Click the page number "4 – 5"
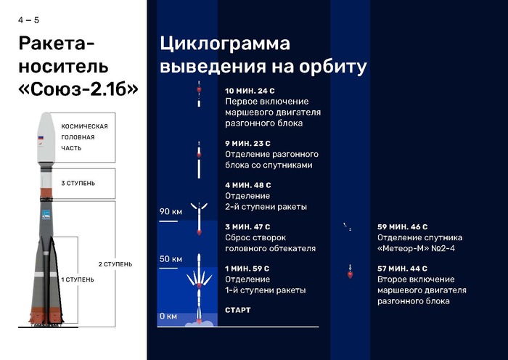29,20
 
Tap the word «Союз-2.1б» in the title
79,89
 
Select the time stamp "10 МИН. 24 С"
250,91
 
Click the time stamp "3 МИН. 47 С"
247,227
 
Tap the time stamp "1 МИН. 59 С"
247,269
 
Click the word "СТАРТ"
238,311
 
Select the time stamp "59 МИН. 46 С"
402,227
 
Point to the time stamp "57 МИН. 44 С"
402,269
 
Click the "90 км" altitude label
171,212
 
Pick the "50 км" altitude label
171,259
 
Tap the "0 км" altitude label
168,316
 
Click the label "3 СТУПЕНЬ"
78,183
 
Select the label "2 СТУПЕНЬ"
115,264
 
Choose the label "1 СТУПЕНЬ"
78,279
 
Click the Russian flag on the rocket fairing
41,138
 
